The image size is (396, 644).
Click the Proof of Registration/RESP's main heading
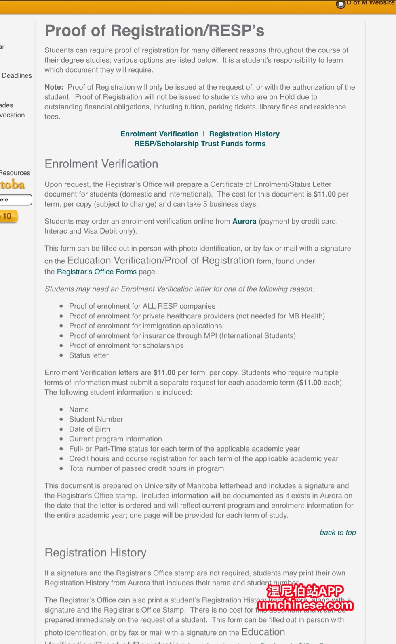(x=154, y=31)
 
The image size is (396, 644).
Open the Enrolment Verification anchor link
(x=159, y=134)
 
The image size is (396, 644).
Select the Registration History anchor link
(x=244, y=134)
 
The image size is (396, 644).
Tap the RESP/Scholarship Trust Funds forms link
(x=200, y=144)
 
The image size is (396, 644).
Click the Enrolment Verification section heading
(x=101, y=164)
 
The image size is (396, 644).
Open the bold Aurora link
(x=244, y=221)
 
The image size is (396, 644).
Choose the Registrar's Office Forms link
(x=97, y=272)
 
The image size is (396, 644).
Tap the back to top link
(x=337, y=532)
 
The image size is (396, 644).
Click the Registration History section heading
(x=95, y=552)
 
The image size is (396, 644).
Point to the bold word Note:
(x=54, y=87)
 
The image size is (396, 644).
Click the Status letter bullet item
(x=88, y=355)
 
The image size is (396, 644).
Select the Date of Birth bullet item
(x=89, y=429)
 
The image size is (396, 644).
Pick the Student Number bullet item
(x=96, y=419)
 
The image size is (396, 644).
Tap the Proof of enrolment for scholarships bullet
(x=126, y=345)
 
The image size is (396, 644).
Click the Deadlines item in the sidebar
(x=17, y=75)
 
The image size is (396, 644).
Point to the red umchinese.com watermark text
(x=305, y=605)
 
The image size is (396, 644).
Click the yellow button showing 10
(x=8, y=216)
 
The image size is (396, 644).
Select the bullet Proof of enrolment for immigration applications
(x=145, y=326)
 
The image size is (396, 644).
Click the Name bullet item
(x=79, y=409)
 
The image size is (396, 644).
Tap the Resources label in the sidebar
(x=15, y=173)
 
